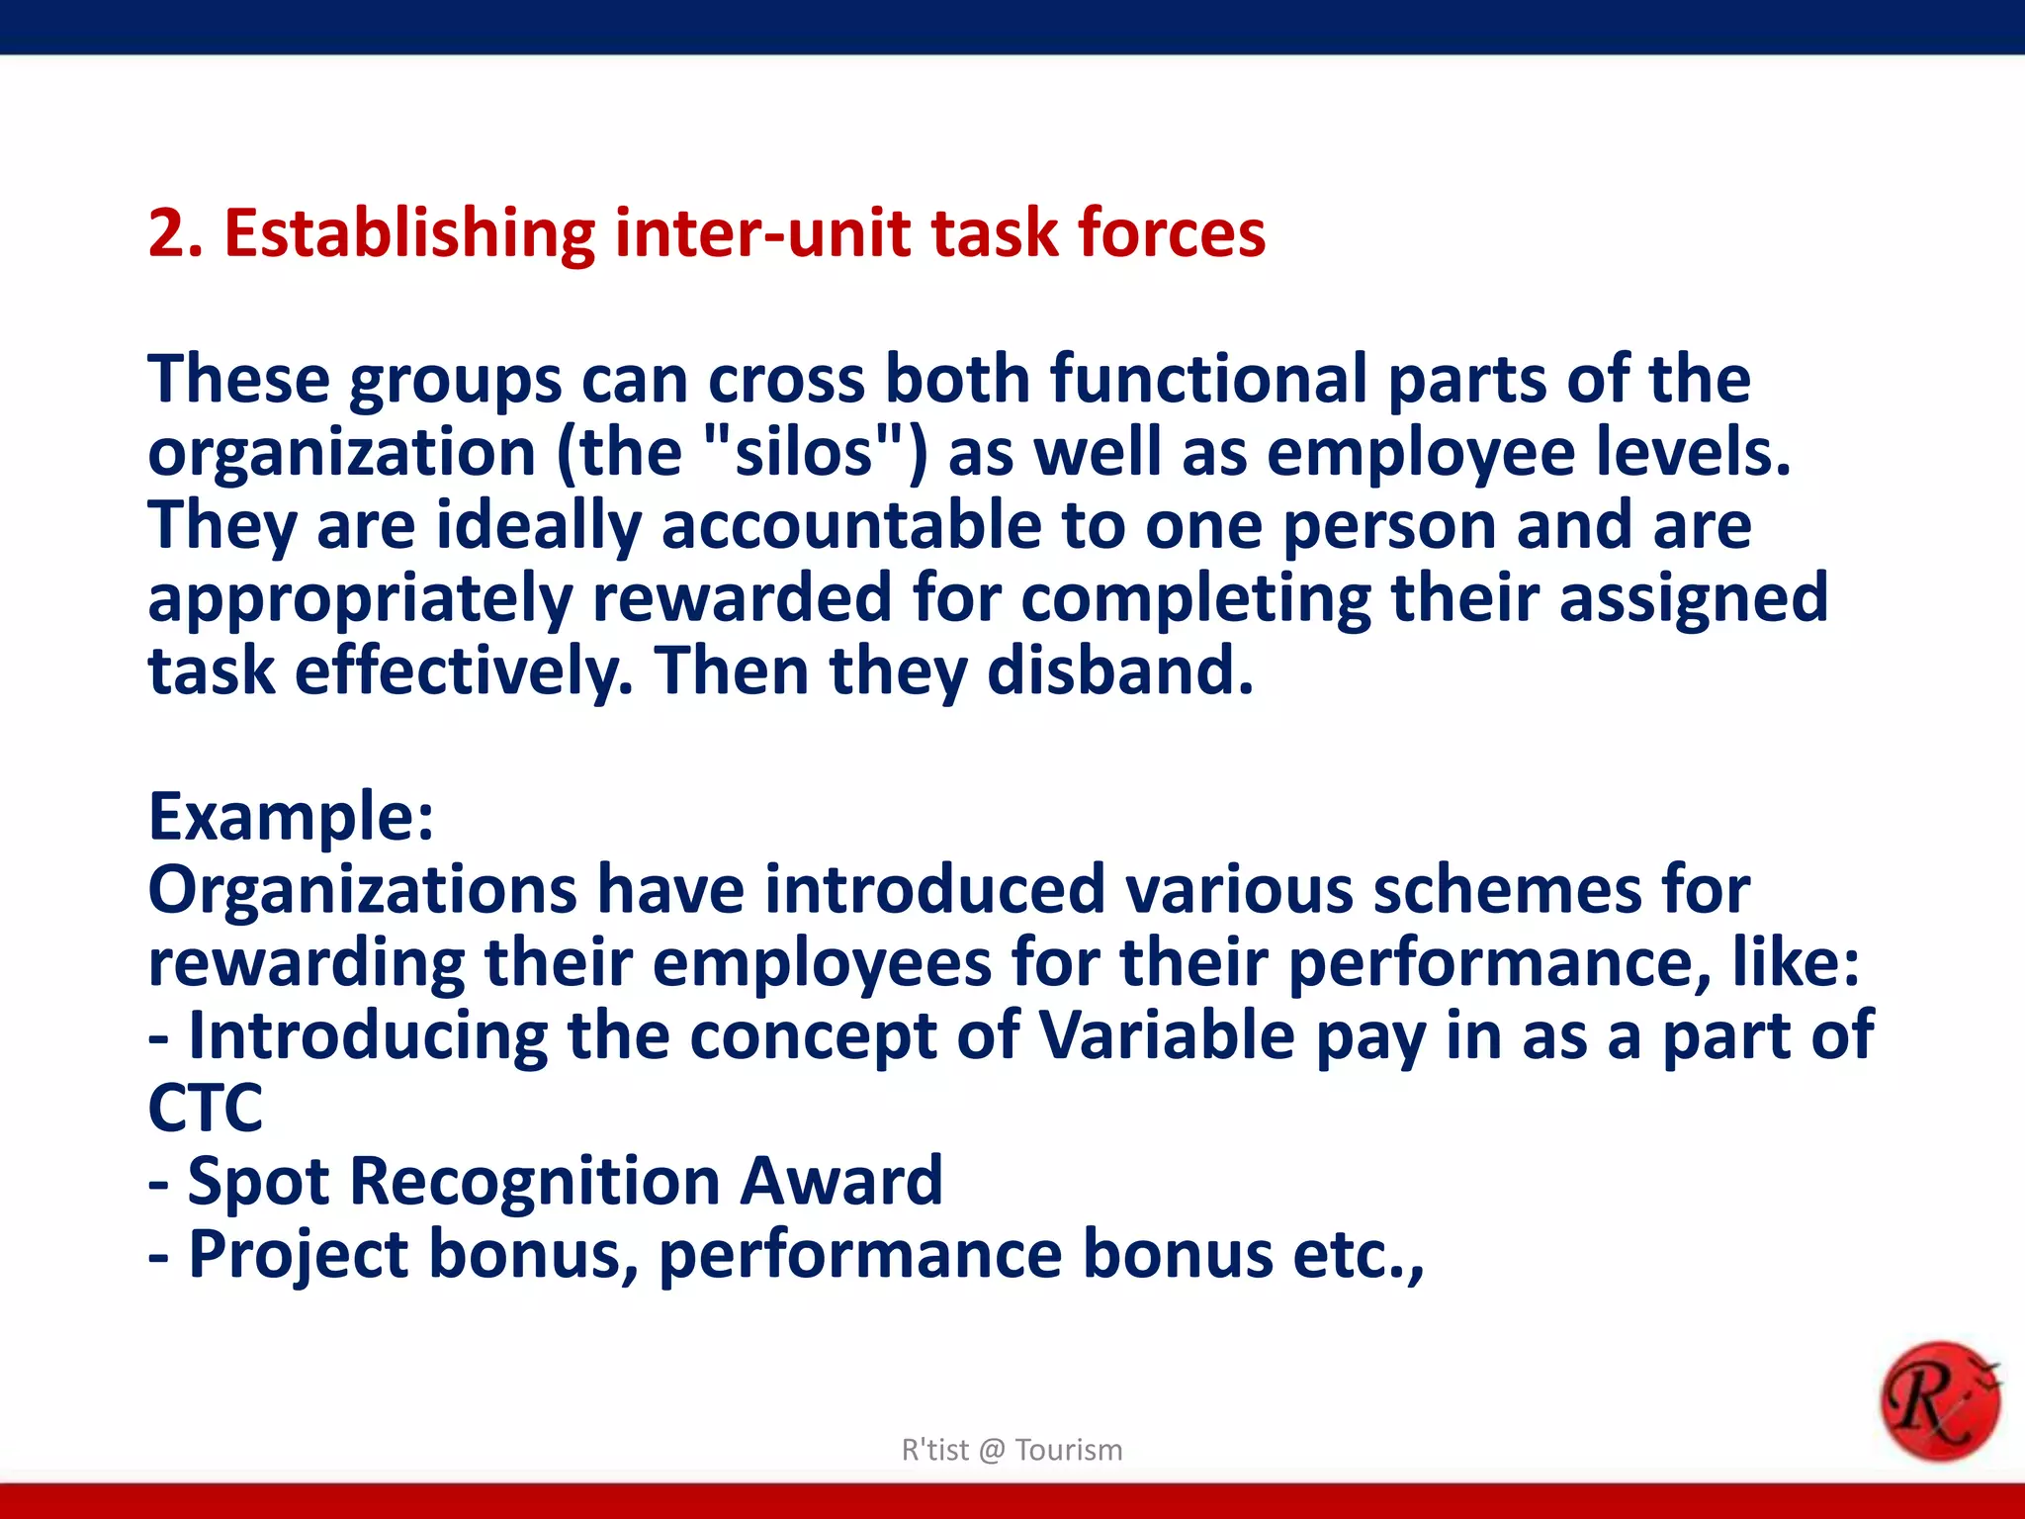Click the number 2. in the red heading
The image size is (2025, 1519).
click(175, 233)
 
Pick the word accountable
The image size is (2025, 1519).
click(850, 525)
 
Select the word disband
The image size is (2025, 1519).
click(1120, 670)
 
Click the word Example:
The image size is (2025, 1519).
click(291, 817)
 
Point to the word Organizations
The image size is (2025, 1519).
click(362, 890)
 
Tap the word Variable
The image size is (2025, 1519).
click(1167, 1035)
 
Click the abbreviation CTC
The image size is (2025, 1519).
click(205, 1108)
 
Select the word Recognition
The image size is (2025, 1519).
click(535, 1181)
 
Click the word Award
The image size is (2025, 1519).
click(840, 1181)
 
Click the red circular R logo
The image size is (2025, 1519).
click(1939, 1400)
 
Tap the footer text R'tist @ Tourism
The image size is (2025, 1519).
click(1012, 1450)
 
